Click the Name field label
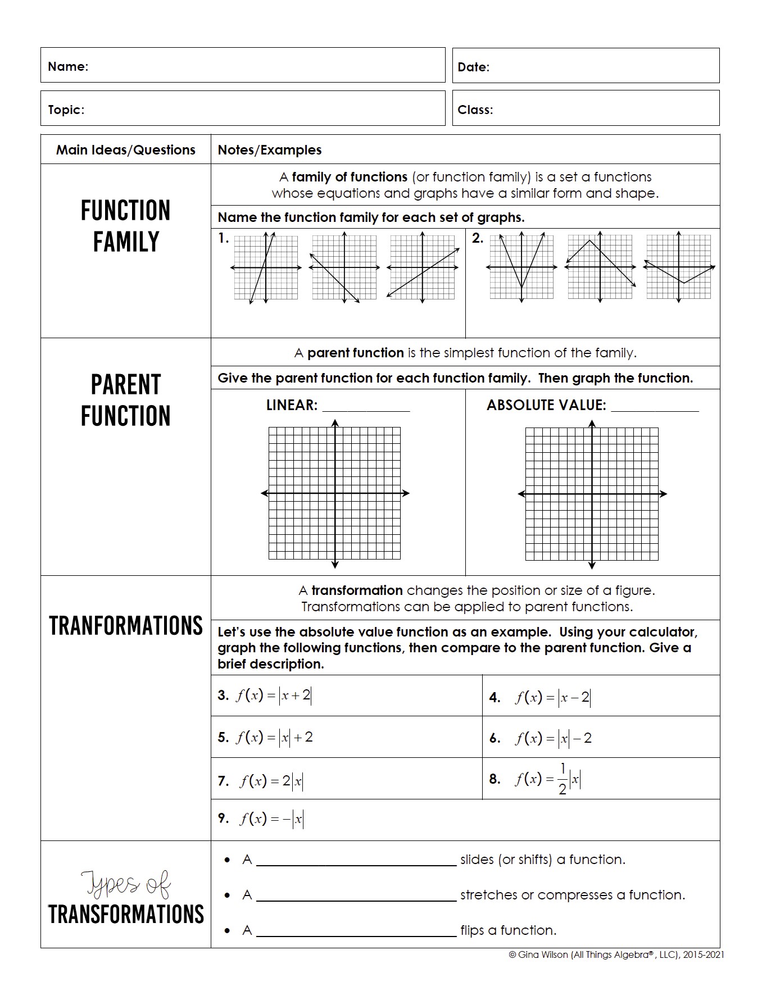point(68,66)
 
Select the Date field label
point(473,67)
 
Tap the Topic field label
point(66,110)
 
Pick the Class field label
point(475,110)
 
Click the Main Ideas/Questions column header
point(126,150)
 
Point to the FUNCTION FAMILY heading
point(126,226)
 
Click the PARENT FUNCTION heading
point(126,401)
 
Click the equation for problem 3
point(273,695)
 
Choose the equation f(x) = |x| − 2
point(553,738)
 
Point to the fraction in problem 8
point(563,779)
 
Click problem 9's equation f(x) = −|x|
point(271,819)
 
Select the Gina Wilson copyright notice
point(616,954)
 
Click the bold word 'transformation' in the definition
point(357,590)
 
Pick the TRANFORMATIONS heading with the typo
point(126,626)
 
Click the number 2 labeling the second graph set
point(477,238)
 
